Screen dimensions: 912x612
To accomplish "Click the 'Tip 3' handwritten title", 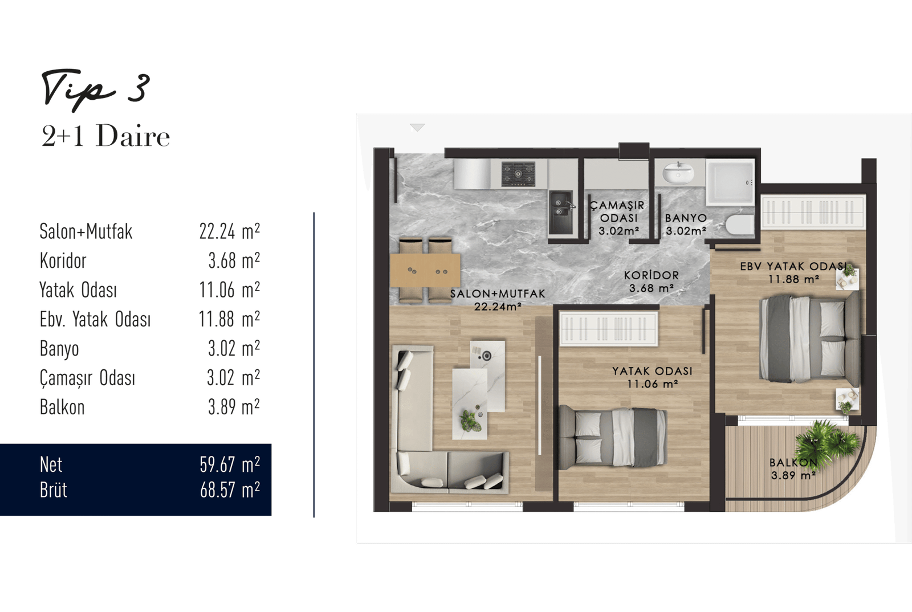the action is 96,89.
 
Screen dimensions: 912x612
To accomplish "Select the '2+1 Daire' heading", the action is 105,136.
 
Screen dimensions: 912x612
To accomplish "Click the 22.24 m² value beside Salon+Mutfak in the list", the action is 230,231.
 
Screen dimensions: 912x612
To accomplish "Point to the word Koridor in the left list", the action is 63,260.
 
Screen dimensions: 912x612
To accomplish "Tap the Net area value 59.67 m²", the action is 230,464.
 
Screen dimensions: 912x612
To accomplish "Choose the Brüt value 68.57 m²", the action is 230,489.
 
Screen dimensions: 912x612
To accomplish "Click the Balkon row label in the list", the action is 62,406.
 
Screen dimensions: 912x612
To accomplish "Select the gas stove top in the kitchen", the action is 518,174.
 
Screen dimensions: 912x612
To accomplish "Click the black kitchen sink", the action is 561,213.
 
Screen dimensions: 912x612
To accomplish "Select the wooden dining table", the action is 425,270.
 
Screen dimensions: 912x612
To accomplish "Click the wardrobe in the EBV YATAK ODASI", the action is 813,211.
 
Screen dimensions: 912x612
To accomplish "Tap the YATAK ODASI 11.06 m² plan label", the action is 652,377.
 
